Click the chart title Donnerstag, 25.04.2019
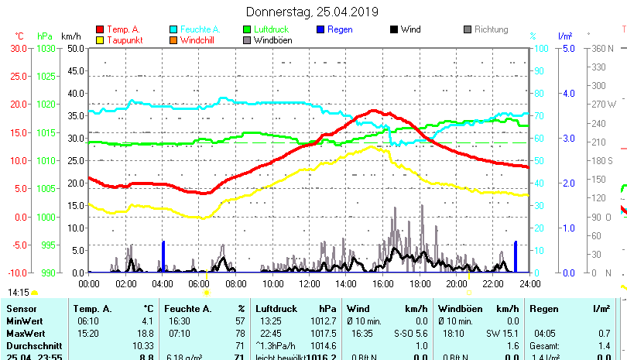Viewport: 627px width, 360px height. tap(312, 12)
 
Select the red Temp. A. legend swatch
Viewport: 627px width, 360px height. tap(100, 29)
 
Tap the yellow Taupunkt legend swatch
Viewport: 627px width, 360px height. tap(100, 40)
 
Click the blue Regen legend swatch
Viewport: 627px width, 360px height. tap(322, 29)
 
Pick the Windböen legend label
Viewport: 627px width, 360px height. tap(272, 40)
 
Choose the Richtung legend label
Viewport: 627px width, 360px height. tap(491, 29)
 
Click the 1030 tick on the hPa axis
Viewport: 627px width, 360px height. tap(45, 48)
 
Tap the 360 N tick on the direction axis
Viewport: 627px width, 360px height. tap(601, 48)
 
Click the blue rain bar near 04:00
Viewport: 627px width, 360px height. tap(163, 256)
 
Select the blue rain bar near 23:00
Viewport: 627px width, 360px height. tap(516, 256)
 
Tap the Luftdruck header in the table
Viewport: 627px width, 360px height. tap(276, 309)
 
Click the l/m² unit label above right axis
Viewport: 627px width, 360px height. tap(564, 36)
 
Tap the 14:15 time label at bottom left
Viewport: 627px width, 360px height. tap(19, 292)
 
